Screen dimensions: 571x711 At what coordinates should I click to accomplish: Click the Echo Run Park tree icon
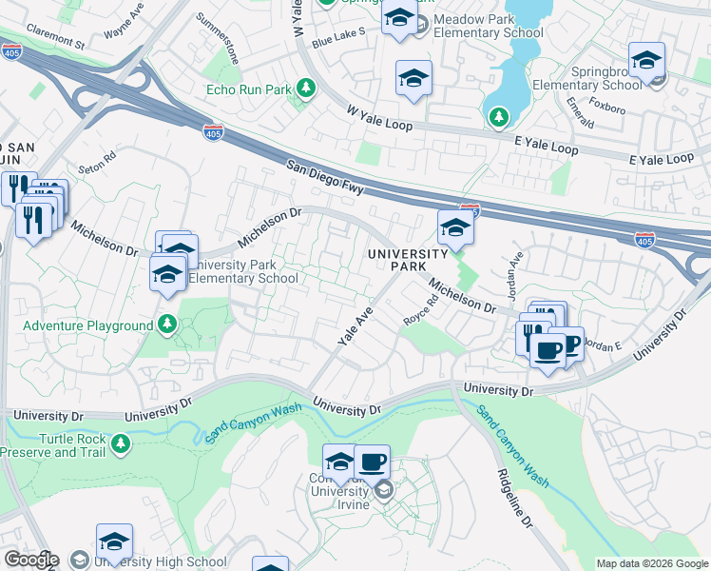click(306, 89)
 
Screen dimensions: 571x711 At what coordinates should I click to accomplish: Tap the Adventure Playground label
click(87, 325)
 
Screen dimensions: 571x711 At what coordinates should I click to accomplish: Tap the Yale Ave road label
click(354, 326)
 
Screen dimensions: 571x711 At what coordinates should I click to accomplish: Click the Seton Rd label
click(97, 163)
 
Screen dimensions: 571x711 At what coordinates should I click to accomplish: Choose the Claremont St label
click(56, 38)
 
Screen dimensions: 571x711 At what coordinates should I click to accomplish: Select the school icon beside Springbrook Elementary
click(646, 62)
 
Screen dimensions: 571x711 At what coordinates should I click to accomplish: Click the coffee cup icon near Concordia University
click(372, 463)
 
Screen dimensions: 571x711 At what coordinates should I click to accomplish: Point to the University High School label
click(161, 561)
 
